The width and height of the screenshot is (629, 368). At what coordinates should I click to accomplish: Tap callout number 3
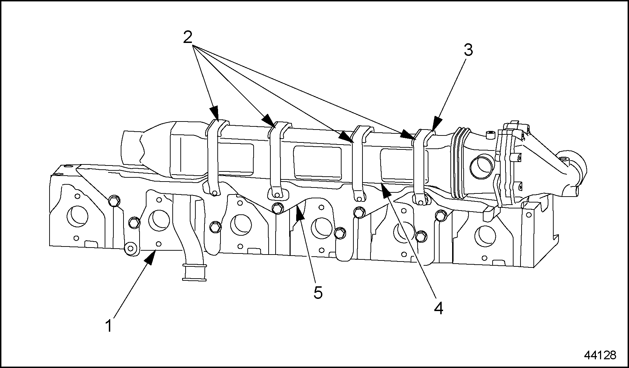[x=468, y=50]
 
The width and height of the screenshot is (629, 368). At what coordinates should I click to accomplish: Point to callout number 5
[x=318, y=292]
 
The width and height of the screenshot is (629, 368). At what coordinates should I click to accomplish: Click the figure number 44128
[x=600, y=355]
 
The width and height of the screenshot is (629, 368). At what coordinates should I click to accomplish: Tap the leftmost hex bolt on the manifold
[x=114, y=201]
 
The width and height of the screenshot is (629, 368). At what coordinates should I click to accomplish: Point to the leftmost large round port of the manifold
[x=77, y=216]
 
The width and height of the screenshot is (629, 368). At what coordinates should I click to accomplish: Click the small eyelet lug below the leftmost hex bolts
[x=130, y=249]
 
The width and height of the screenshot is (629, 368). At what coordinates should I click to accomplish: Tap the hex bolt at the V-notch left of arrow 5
[x=277, y=208]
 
